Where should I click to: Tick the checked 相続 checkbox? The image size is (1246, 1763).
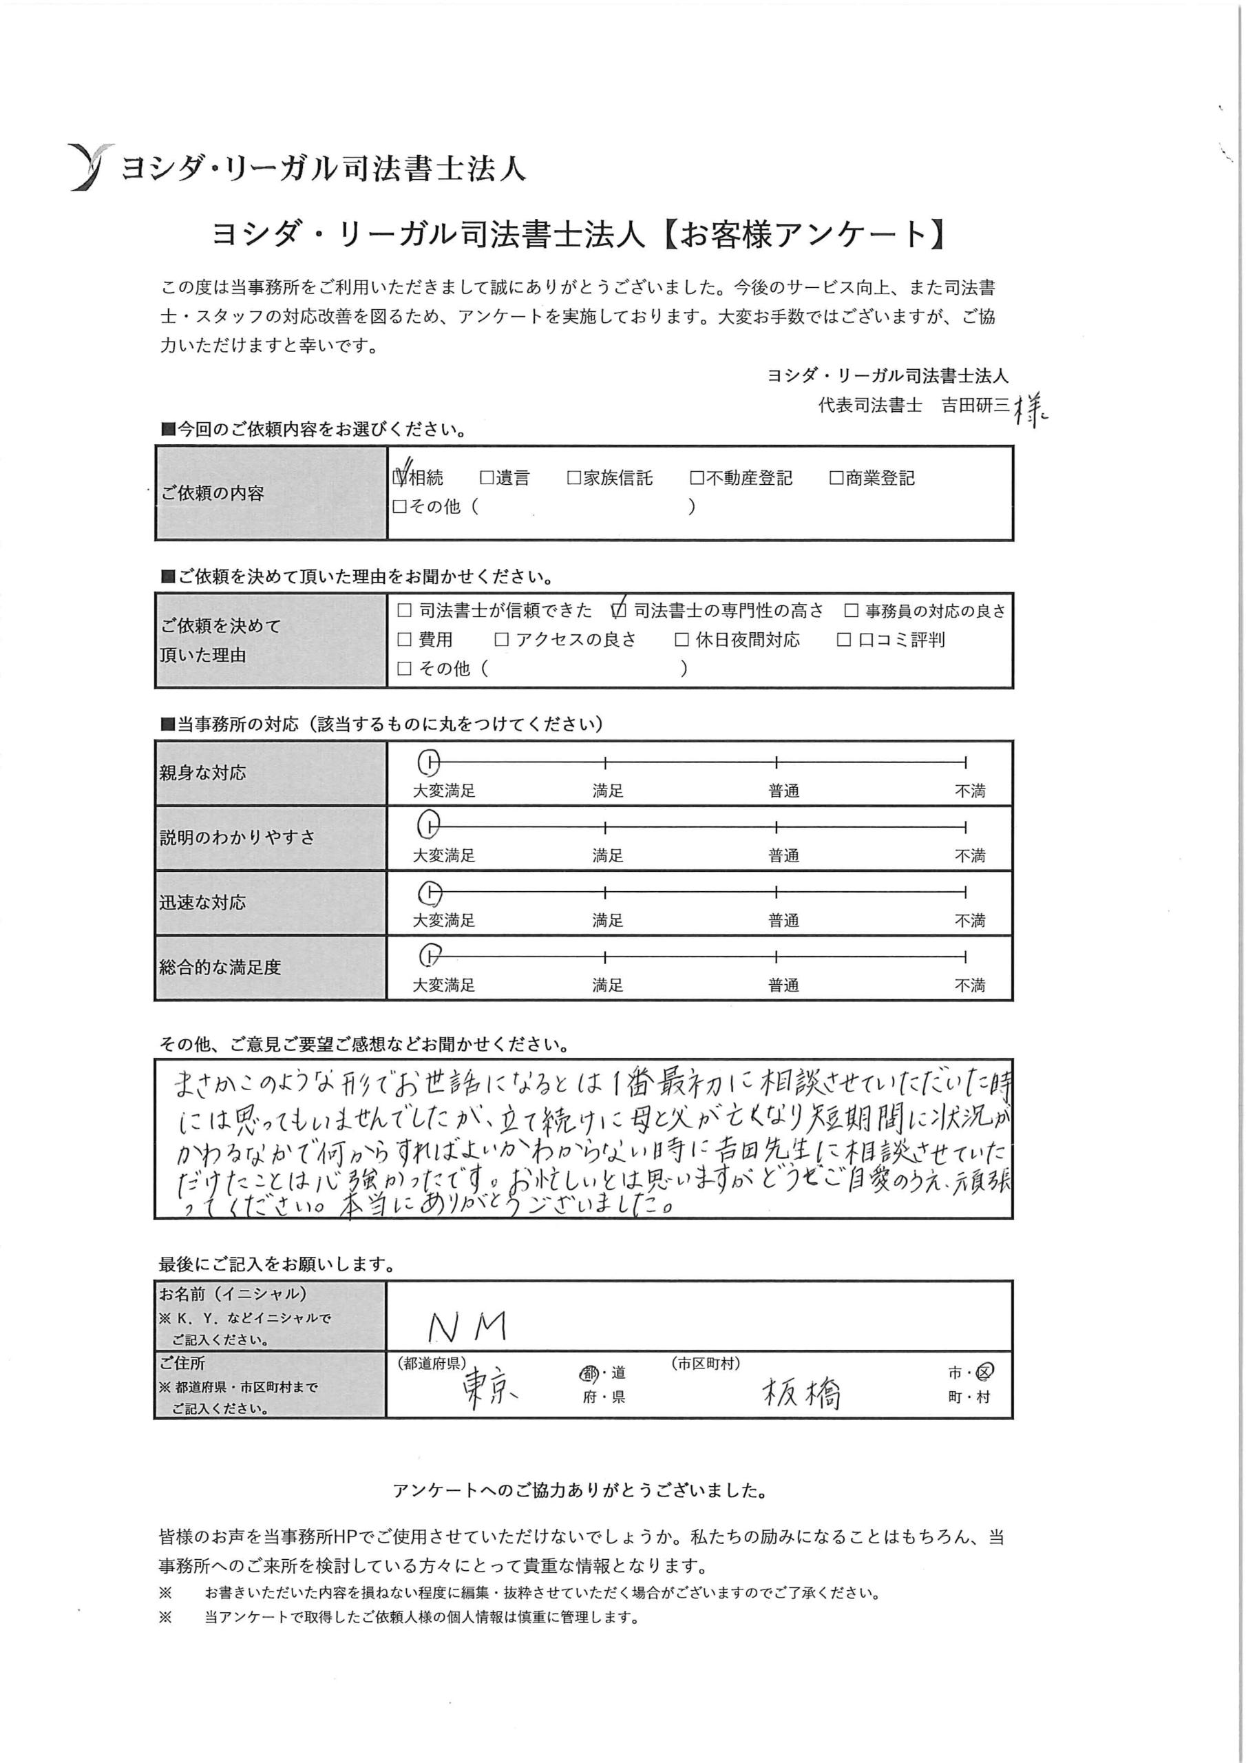(399, 478)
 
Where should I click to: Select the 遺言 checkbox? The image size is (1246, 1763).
(486, 478)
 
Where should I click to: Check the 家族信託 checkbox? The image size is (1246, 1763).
(573, 478)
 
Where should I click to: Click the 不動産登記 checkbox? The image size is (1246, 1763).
(697, 478)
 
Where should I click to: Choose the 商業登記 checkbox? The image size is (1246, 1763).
(836, 478)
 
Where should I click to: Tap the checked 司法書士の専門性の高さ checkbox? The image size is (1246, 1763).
(619, 610)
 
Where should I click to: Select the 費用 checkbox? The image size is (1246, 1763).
(405, 640)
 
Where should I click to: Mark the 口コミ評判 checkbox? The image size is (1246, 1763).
(844, 640)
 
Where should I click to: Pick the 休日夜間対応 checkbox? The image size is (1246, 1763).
(682, 640)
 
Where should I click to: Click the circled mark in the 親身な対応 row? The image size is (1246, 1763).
(429, 762)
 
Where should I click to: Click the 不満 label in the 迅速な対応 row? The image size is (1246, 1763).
(970, 920)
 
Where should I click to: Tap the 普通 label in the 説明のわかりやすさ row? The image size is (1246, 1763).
(784, 855)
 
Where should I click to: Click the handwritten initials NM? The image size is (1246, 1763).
(467, 1326)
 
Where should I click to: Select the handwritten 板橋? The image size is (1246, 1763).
(801, 1392)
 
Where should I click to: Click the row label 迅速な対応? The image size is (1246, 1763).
(202, 902)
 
